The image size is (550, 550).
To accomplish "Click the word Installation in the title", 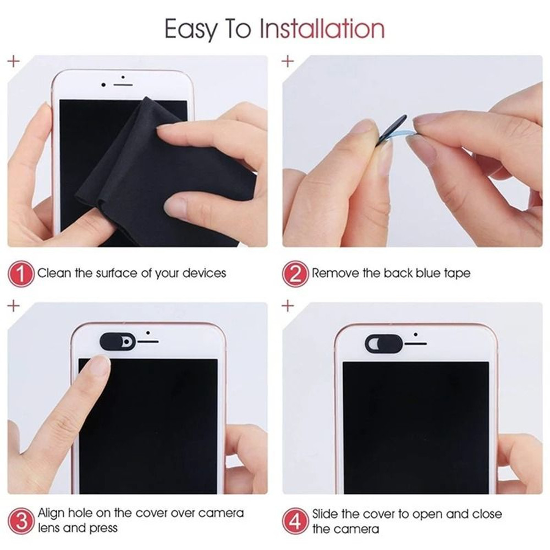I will tap(322, 29).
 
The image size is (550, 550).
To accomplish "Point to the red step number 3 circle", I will tap(21, 520).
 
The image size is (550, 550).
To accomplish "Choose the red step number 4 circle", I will tap(296, 520).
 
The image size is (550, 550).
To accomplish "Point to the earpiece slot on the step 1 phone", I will tap(123, 85).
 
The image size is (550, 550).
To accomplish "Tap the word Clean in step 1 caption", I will tap(54, 273).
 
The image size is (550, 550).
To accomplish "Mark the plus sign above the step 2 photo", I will tap(288, 61).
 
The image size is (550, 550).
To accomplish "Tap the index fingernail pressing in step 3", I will tap(100, 366).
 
